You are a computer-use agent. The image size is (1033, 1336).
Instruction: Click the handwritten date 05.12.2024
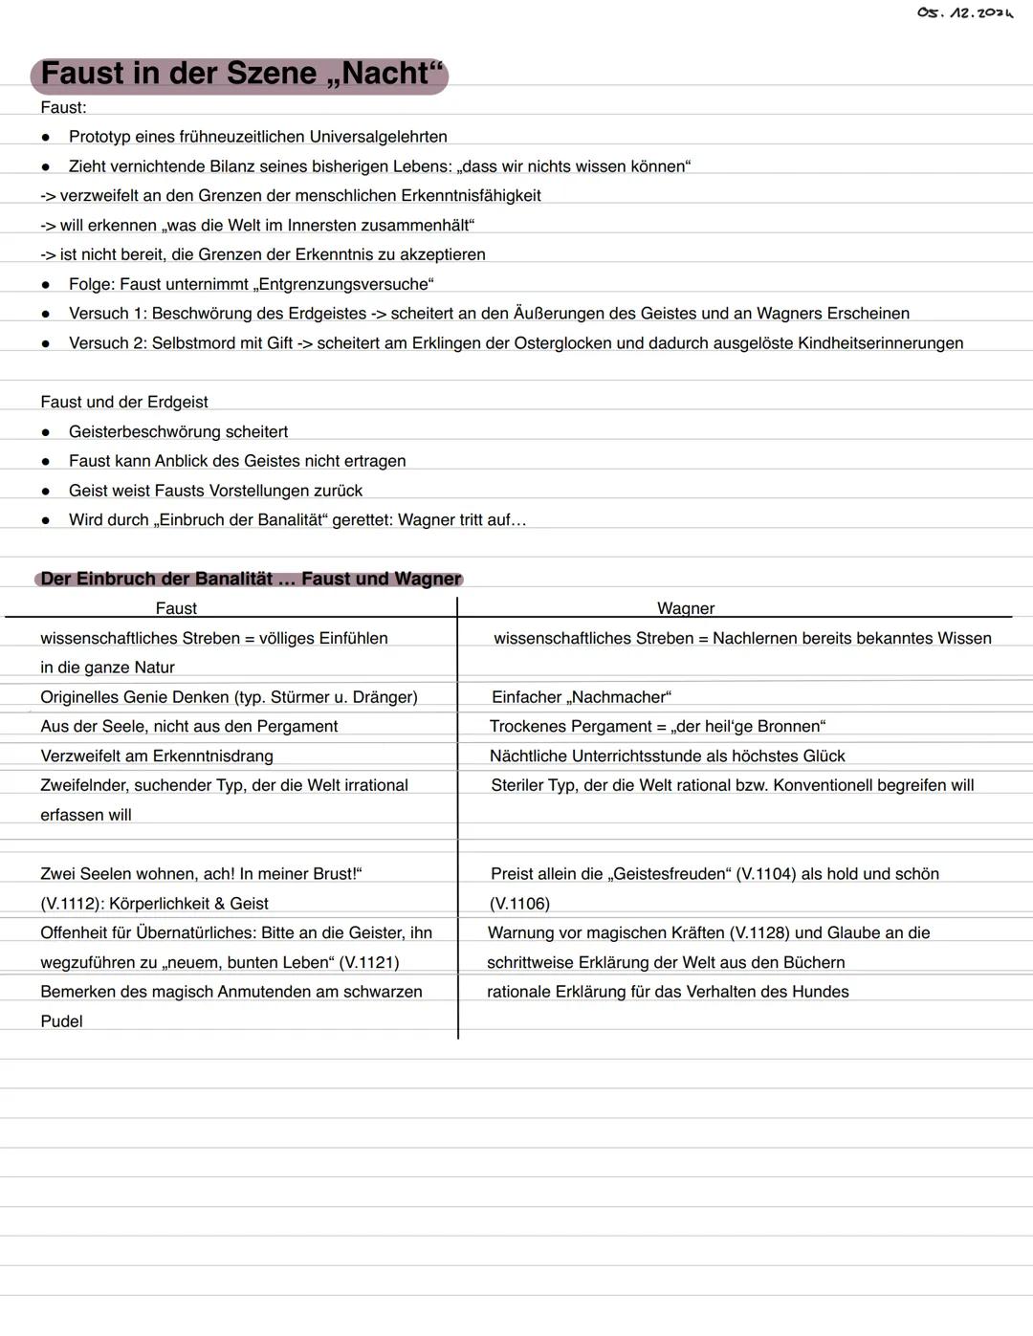point(964,13)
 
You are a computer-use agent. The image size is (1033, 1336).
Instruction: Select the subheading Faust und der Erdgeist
point(124,402)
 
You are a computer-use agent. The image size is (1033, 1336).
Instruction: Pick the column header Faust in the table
point(176,608)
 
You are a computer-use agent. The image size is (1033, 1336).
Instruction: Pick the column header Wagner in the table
point(686,608)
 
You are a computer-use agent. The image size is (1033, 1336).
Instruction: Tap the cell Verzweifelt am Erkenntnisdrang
point(157,756)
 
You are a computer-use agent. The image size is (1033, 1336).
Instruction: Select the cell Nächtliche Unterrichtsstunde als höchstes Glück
point(667,756)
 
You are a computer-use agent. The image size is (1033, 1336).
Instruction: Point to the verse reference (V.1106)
point(519,904)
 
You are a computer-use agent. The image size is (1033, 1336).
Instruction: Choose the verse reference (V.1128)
point(759,932)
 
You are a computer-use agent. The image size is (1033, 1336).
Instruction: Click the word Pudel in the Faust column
point(61,1021)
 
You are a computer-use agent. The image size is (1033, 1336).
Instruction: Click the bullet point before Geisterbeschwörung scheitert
point(45,432)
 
